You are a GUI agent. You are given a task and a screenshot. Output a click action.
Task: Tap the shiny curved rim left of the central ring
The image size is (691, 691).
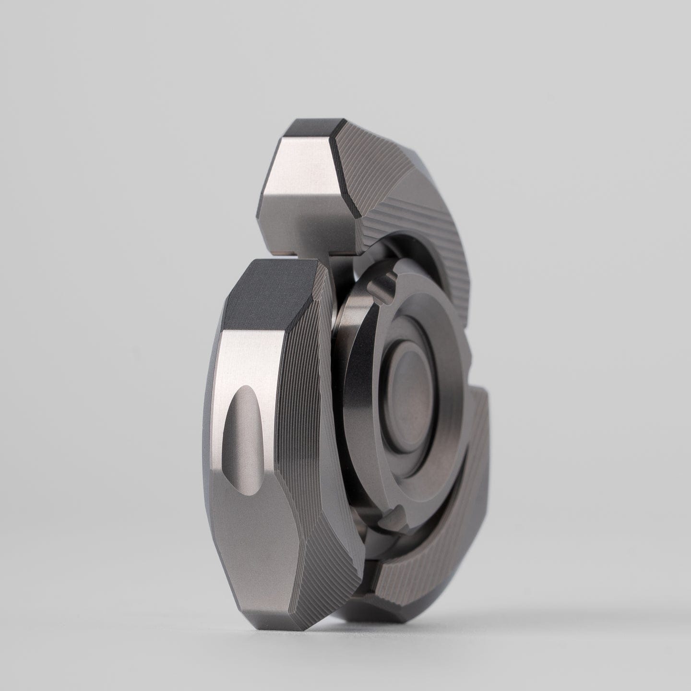click(x=342, y=384)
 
